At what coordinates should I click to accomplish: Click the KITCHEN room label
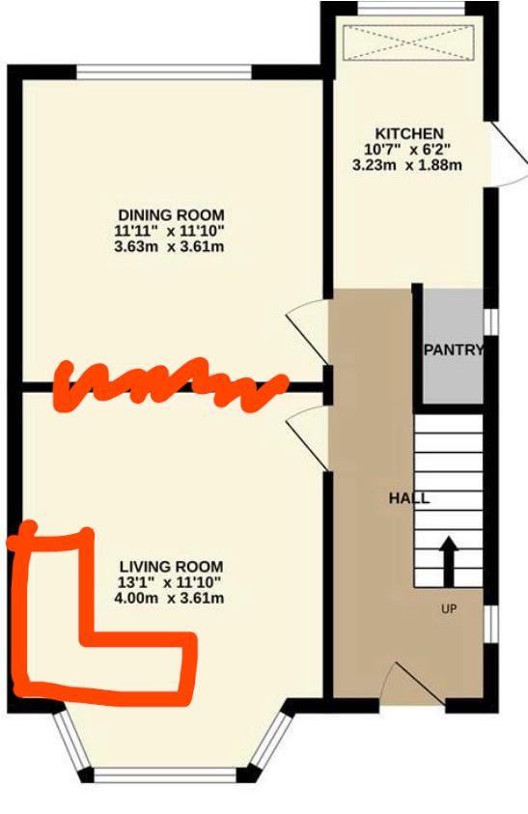pyautogui.click(x=409, y=134)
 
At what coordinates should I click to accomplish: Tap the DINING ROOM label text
pyautogui.click(x=171, y=215)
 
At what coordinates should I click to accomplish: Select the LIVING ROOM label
pyautogui.click(x=171, y=567)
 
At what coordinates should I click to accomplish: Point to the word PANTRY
pyautogui.click(x=454, y=350)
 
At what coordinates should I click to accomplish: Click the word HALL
pyautogui.click(x=409, y=499)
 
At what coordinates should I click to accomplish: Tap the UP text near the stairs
pyautogui.click(x=449, y=608)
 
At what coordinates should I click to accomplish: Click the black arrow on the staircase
pyautogui.click(x=449, y=562)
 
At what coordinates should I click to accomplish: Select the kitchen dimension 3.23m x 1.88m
pyautogui.click(x=407, y=166)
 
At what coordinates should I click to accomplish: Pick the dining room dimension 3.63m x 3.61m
pyautogui.click(x=169, y=246)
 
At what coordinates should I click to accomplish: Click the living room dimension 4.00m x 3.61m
pyautogui.click(x=169, y=598)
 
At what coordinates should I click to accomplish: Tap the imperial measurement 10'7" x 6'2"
pyautogui.click(x=407, y=150)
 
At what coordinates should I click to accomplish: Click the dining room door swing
pyautogui.click(x=308, y=332)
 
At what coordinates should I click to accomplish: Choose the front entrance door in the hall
pyautogui.click(x=414, y=684)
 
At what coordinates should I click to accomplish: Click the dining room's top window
pyautogui.click(x=165, y=71)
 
